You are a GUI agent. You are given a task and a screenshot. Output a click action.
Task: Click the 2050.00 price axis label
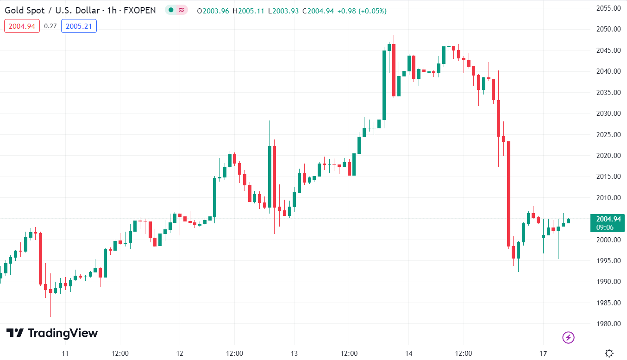(x=608, y=29)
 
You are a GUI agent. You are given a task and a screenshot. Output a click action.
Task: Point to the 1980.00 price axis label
(x=608, y=324)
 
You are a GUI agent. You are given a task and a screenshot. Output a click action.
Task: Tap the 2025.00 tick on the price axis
(x=608, y=134)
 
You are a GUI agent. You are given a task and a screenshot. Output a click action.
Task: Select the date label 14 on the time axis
(x=408, y=354)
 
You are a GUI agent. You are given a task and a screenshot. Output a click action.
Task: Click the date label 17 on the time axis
(x=543, y=354)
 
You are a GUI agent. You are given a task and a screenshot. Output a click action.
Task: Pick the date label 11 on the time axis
(x=65, y=354)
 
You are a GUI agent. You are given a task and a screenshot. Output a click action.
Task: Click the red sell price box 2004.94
(x=22, y=26)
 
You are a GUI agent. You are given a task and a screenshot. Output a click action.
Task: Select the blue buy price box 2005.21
(x=79, y=26)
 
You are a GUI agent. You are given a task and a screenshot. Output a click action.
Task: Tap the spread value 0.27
(x=50, y=26)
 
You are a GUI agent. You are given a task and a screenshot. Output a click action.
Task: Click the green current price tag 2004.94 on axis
(x=608, y=223)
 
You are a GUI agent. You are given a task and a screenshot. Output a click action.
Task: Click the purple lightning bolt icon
(x=568, y=337)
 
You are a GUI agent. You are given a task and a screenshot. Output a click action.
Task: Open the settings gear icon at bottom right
(x=610, y=353)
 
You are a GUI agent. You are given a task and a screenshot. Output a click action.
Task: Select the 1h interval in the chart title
(x=111, y=11)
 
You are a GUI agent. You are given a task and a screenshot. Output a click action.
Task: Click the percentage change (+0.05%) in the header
(x=371, y=11)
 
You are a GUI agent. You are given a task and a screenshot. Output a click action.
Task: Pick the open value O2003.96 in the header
(x=213, y=11)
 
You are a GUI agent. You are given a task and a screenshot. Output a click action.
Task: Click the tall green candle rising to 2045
(x=384, y=85)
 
